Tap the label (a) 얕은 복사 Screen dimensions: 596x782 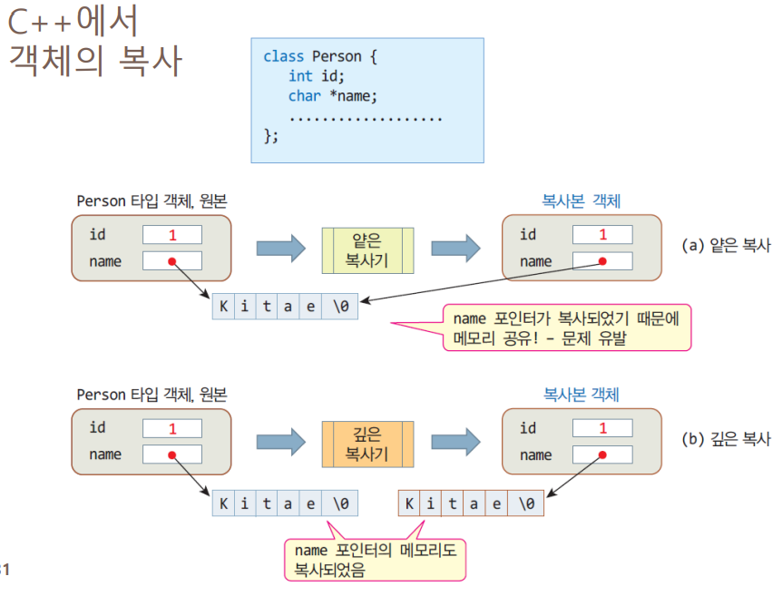click(726, 245)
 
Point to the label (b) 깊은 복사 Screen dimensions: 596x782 click(726, 439)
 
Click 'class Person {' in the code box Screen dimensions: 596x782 click(319, 56)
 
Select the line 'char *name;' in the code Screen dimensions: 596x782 click(332, 96)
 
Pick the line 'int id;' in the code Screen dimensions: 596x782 click(317, 76)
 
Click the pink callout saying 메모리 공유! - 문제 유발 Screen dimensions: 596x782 click(567, 327)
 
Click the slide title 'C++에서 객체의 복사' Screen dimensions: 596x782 click(95, 42)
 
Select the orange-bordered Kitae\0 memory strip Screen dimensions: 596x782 click(471, 503)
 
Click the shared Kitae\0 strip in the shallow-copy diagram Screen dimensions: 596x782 click(286, 307)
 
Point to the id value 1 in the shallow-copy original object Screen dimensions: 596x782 click(171, 235)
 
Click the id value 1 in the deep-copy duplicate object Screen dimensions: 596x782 click(602, 428)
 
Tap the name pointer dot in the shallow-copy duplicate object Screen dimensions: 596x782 click(601, 261)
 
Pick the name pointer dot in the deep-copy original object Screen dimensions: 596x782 click(171, 454)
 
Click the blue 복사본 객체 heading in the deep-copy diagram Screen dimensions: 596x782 click(581, 395)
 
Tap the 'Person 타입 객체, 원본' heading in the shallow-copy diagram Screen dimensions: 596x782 click(152, 200)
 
